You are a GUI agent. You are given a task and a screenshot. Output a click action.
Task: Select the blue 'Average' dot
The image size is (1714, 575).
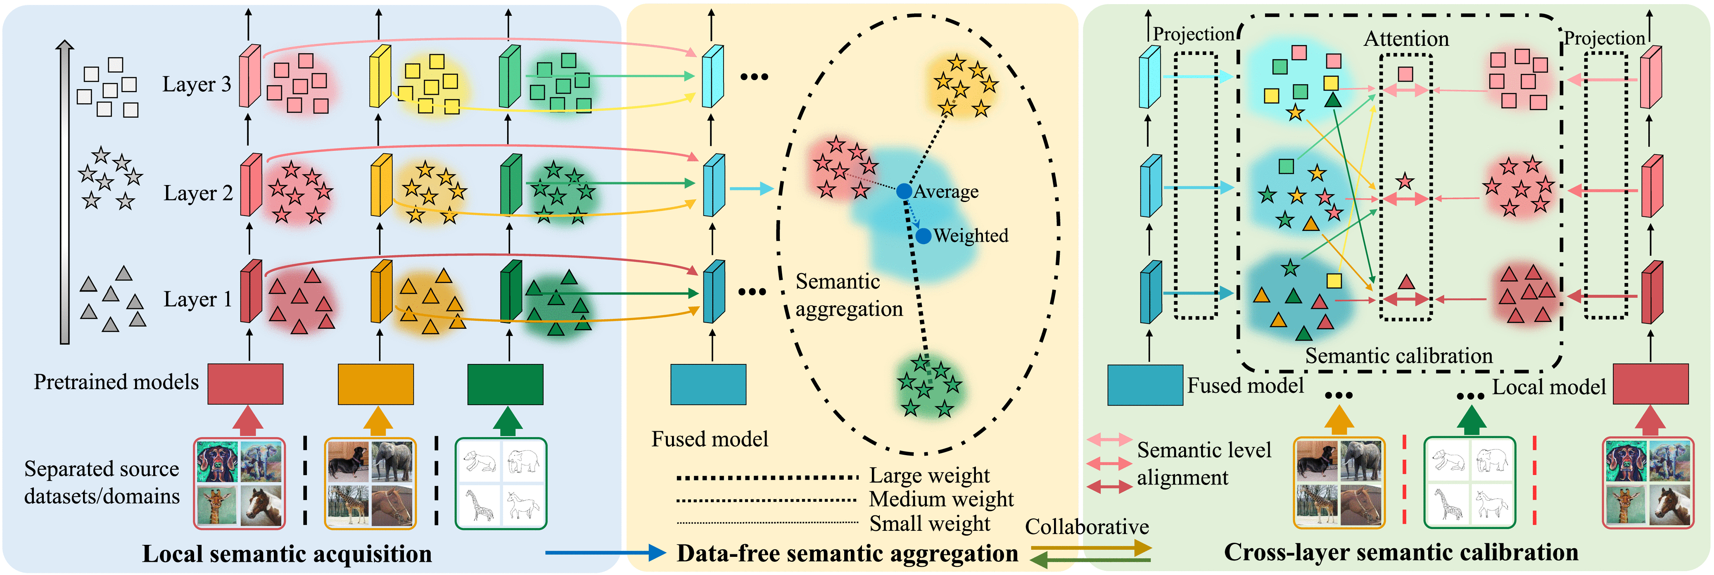(904, 192)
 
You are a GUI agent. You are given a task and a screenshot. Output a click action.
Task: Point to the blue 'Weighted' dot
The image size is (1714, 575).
(923, 235)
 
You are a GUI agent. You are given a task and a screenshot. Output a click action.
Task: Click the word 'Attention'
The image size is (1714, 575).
(1406, 38)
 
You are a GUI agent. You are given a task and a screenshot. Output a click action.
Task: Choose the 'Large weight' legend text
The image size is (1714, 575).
(930, 476)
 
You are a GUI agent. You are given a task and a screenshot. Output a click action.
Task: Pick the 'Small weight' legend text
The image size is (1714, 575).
(930, 524)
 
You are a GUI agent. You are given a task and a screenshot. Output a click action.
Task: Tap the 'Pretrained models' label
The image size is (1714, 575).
(116, 382)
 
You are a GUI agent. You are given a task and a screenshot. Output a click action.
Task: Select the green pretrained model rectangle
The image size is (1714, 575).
(505, 384)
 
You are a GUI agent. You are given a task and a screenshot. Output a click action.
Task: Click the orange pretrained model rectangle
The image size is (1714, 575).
(375, 384)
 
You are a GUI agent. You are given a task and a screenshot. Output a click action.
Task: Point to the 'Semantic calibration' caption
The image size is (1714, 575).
(1398, 356)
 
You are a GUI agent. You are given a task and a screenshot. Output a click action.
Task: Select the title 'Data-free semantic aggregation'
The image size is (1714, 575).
(847, 554)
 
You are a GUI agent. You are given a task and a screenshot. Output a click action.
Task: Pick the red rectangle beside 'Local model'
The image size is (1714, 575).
(1650, 384)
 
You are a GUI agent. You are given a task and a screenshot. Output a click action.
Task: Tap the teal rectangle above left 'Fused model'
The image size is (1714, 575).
(708, 384)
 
